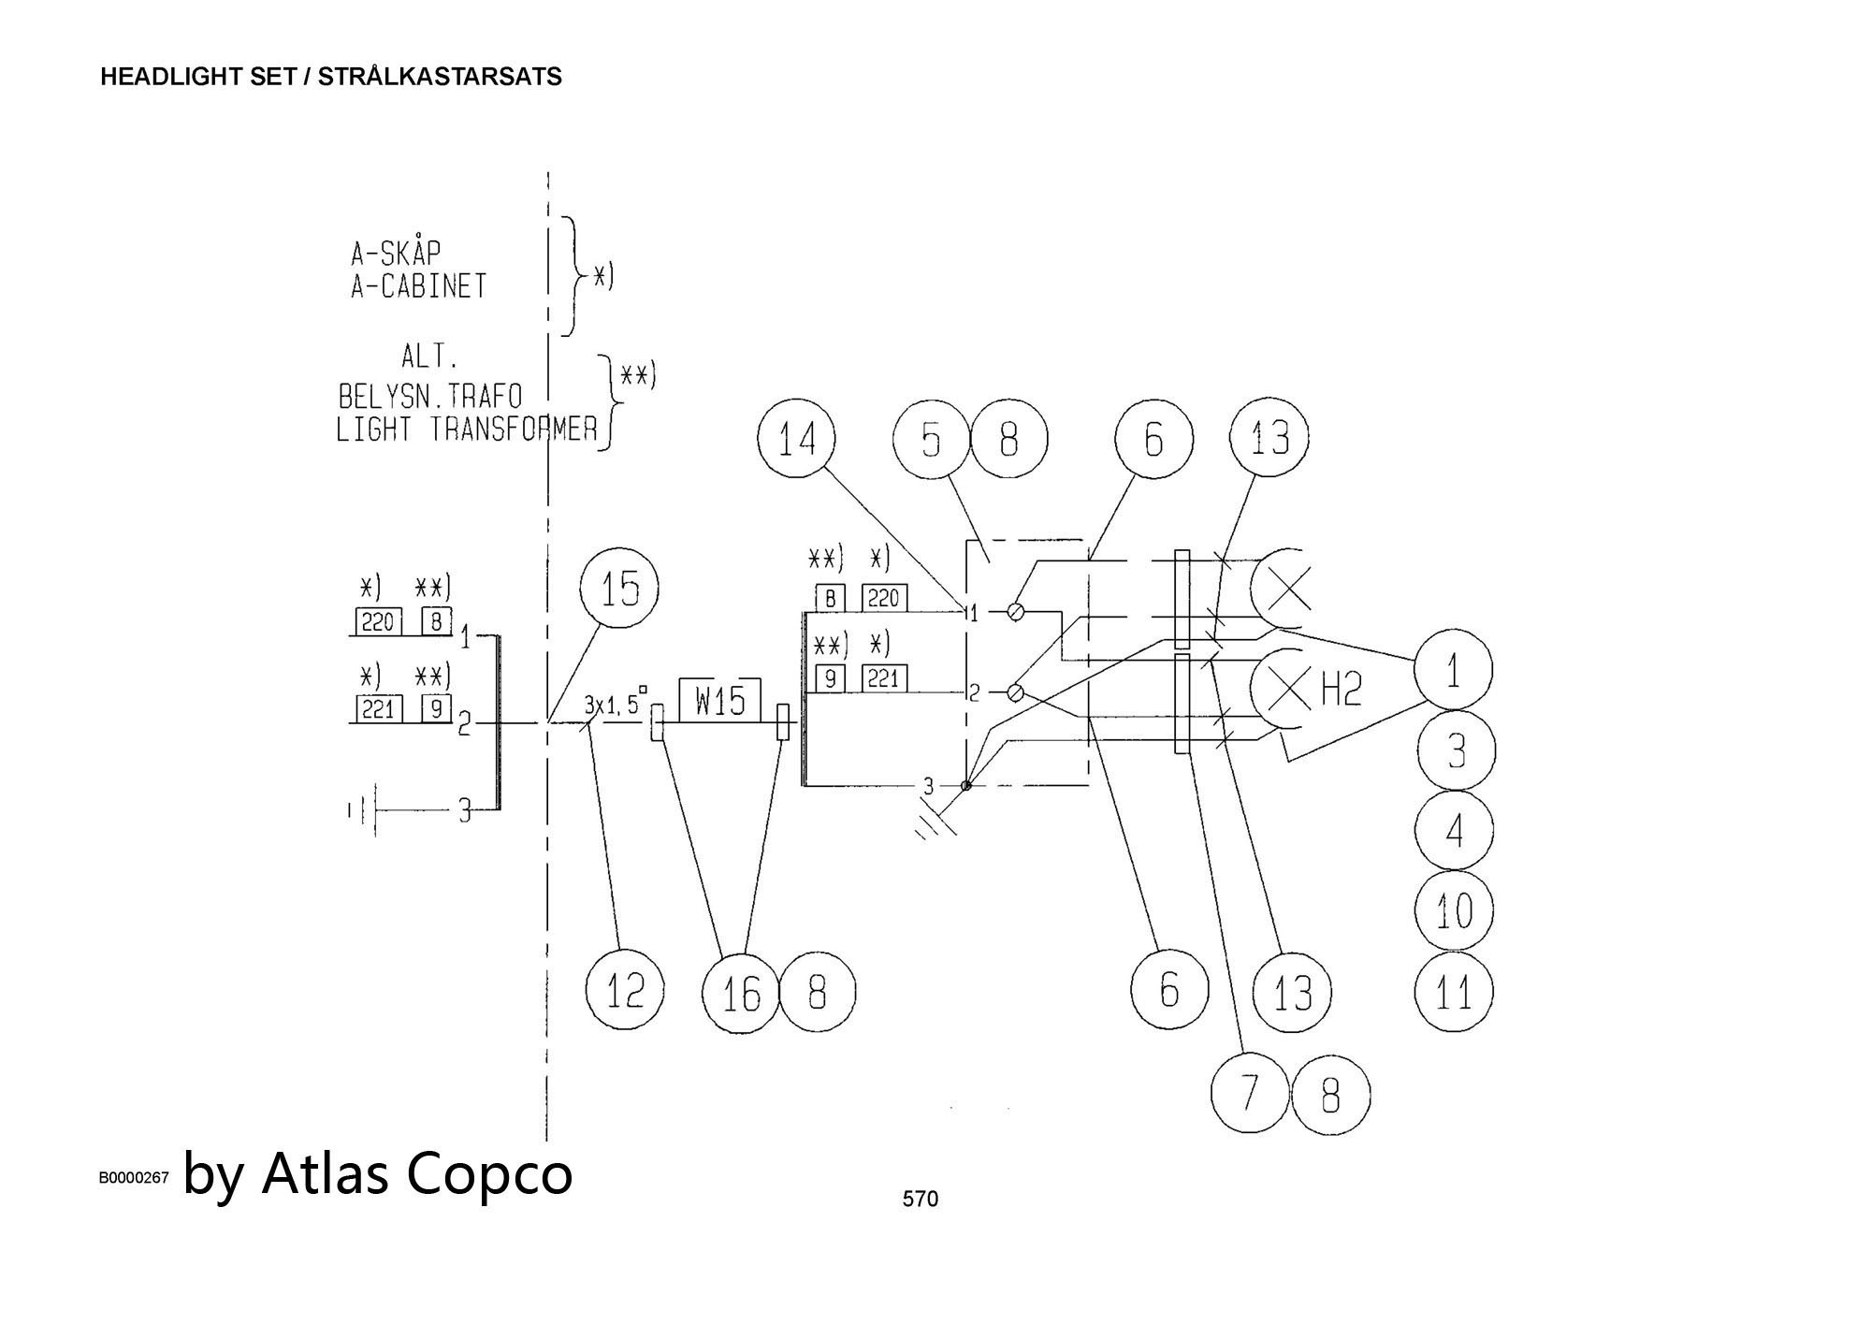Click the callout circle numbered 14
tap(797, 439)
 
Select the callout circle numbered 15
tap(619, 589)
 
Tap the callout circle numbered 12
tap(625, 990)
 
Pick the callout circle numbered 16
tap(741, 993)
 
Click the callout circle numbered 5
tap(931, 439)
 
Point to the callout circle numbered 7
tap(1250, 1092)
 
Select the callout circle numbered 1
tap(1453, 670)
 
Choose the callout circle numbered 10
tap(1454, 910)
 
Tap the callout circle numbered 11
tap(1454, 992)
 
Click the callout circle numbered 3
tap(1456, 750)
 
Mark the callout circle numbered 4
tap(1454, 831)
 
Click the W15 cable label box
tap(719, 701)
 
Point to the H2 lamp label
tap(1341, 691)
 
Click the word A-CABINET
tap(419, 286)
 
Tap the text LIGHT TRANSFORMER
tap(466, 429)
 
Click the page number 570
tap(920, 1199)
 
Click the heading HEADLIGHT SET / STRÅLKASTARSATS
tap(331, 77)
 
